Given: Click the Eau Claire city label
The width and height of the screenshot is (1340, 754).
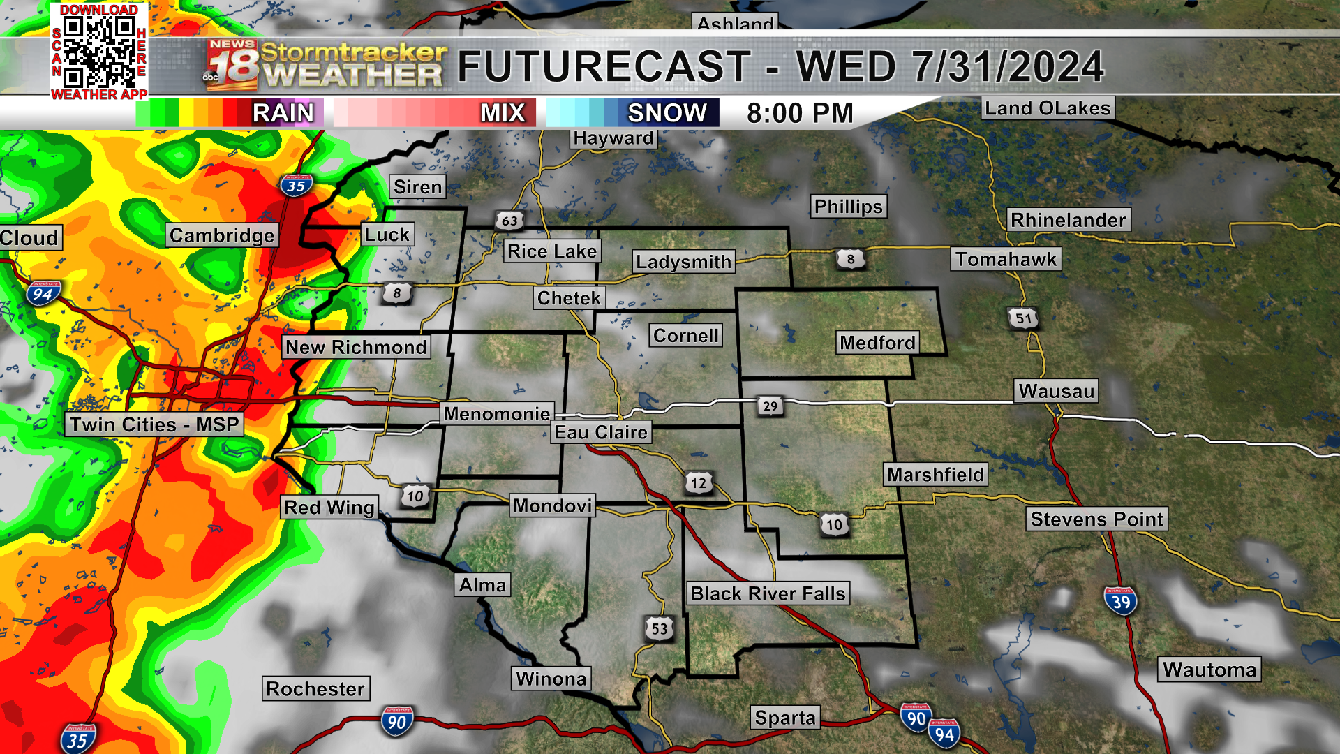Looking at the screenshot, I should (601, 433).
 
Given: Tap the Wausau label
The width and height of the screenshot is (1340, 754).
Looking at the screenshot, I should (1056, 391).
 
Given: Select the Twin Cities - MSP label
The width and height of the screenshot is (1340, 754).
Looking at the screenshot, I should (154, 424).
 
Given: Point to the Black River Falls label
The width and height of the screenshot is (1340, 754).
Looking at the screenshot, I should (768, 593).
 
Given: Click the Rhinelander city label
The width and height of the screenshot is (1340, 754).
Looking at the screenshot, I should (1068, 220).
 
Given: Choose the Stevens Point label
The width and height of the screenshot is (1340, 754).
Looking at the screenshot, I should (1096, 519).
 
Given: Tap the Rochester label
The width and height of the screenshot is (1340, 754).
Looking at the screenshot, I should (315, 689).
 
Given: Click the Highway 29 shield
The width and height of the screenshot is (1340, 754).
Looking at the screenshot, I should (770, 406).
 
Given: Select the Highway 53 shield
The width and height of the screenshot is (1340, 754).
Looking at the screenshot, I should (660, 629).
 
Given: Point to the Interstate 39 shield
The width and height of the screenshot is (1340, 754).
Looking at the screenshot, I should (1121, 602).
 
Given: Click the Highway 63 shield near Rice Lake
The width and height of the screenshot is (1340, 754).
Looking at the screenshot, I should (509, 221).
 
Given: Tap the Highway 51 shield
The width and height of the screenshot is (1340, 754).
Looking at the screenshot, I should (1023, 319).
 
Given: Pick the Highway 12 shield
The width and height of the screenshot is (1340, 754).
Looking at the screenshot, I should (699, 483).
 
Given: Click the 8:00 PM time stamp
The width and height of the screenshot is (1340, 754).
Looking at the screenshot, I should (800, 113).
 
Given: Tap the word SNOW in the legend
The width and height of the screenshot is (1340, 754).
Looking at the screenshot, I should (667, 113).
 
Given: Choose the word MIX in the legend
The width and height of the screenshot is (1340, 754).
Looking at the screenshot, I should (502, 113).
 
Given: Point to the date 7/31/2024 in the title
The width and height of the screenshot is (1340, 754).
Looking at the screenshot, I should (1008, 67).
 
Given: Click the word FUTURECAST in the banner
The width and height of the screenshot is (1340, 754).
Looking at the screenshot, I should (604, 67).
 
